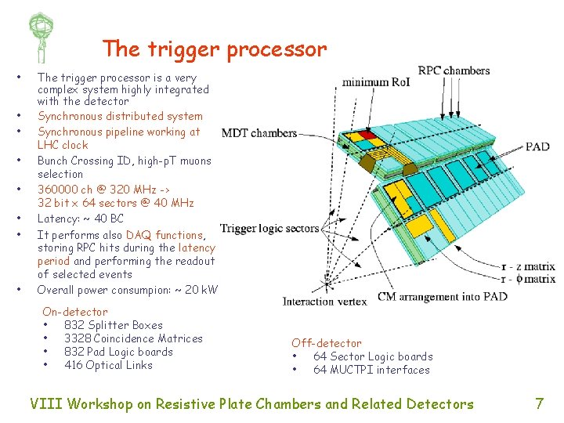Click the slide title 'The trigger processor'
214,49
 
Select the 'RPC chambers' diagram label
454,70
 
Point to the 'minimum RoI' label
376,81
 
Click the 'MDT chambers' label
259,133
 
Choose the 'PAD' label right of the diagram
537,146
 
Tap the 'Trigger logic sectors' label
269,229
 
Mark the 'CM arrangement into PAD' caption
443,297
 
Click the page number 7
539,404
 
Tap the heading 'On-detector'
75,312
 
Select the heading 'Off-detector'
327,343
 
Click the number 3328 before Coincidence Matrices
78,338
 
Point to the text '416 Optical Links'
108,365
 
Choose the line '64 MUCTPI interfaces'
371,370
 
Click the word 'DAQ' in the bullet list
138,235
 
